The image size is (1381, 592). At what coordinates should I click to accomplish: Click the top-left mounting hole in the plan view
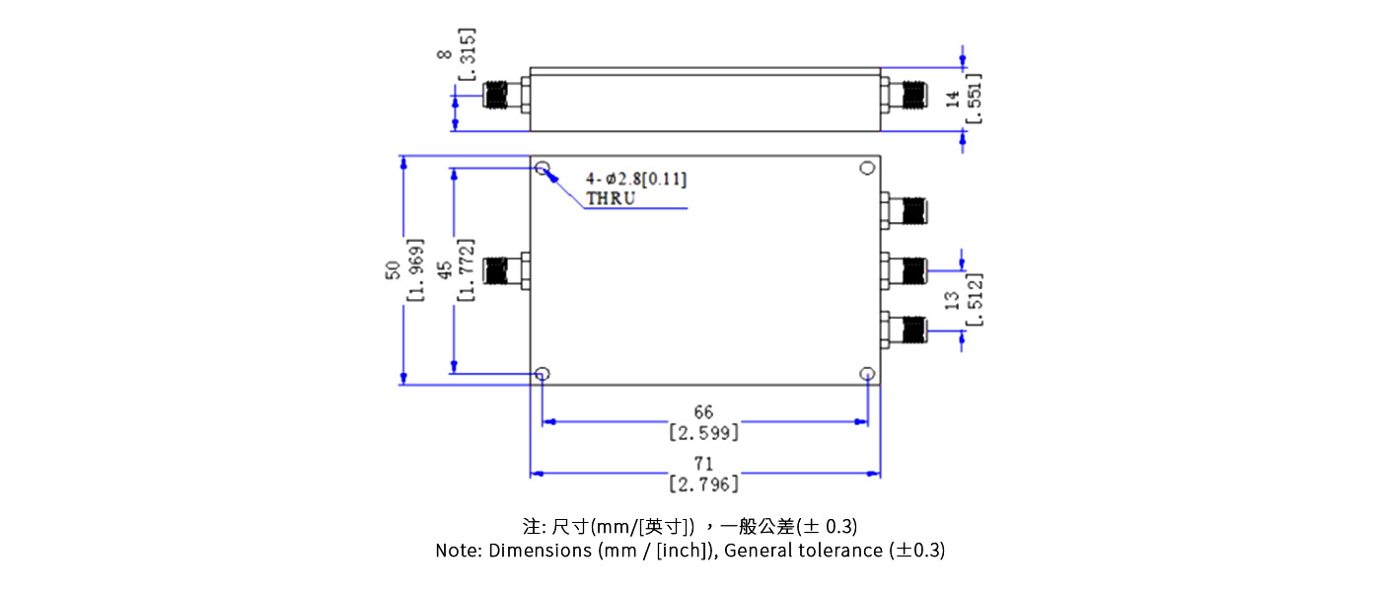[x=543, y=169]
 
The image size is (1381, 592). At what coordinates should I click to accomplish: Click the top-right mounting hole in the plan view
[x=867, y=168]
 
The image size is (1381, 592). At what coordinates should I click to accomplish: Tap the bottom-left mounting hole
[x=543, y=374]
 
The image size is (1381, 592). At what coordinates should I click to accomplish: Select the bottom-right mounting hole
[x=867, y=374]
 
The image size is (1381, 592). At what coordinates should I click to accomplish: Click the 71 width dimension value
[x=703, y=464]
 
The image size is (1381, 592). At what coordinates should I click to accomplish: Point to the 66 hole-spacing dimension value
[x=703, y=411]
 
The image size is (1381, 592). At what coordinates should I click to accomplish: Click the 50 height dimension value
[x=393, y=268]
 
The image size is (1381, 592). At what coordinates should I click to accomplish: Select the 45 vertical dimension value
[x=445, y=268]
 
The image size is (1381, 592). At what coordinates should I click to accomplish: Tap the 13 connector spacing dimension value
[x=952, y=301]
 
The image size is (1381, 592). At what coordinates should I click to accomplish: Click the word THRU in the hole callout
[x=611, y=197]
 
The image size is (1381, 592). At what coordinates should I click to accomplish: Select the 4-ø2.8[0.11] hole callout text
[x=636, y=179]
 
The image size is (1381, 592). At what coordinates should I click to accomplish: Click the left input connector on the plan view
[x=507, y=270]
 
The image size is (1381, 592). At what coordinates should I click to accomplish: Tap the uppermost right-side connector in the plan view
[x=905, y=210]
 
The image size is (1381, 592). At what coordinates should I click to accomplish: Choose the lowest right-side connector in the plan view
[x=905, y=329]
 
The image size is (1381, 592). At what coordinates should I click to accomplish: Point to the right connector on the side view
[x=905, y=96]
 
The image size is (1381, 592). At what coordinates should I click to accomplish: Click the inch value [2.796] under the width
[x=703, y=484]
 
